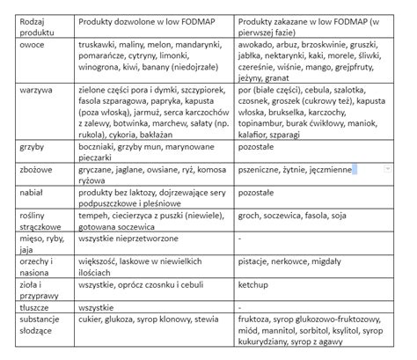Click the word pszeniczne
[x=263, y=168]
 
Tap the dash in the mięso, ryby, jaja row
[x=241, y=238]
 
